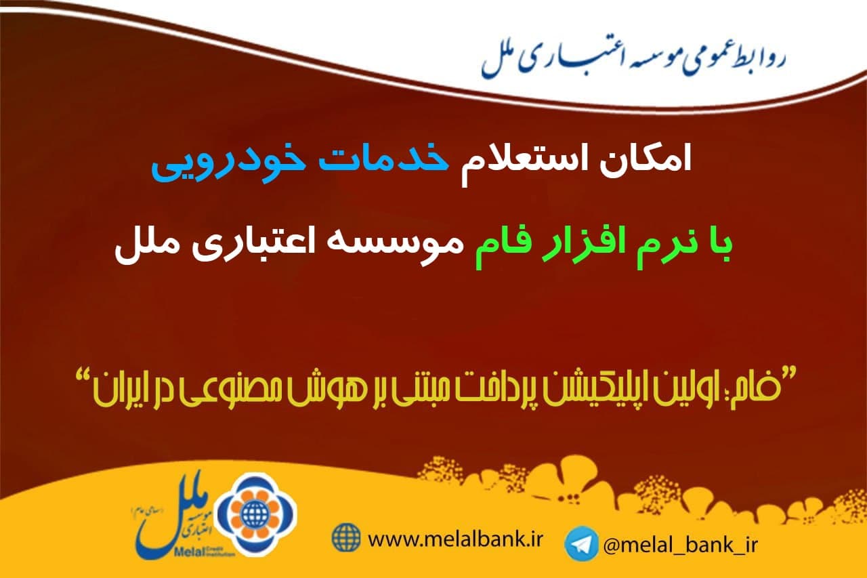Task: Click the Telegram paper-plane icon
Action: [581, 543]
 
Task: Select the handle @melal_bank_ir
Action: [680, 545]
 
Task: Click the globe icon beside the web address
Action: [345, 537]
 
